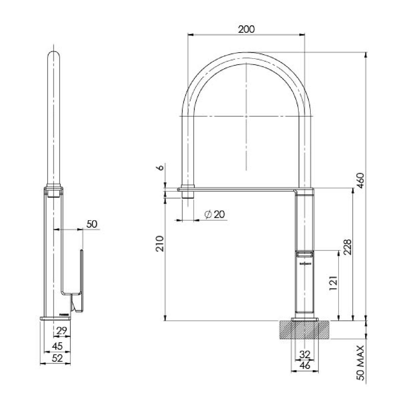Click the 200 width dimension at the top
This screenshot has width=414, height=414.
tap(246, 29)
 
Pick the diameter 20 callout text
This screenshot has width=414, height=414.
tap(215, 214)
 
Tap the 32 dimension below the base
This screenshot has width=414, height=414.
tap(305, 354)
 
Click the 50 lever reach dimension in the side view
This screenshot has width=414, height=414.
tap(91, 224)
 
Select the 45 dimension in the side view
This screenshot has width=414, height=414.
tap(57, 346)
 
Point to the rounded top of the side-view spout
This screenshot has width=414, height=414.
tap(55, 56)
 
